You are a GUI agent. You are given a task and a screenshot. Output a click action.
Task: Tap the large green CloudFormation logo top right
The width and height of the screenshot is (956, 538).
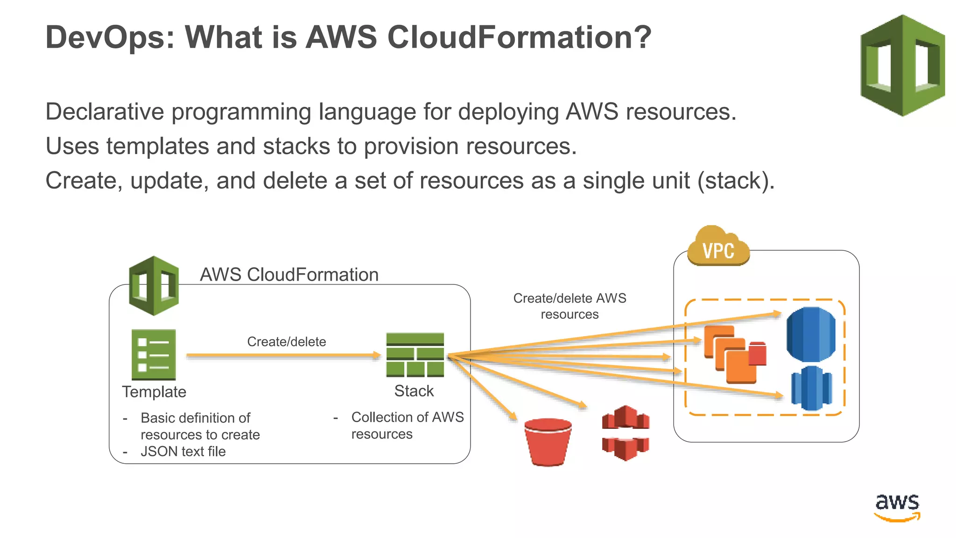click(902, 65)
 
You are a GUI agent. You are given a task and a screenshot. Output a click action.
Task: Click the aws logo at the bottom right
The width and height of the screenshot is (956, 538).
click(897, 507)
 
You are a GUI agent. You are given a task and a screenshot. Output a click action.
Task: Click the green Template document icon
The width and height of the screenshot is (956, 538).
click(154, 354)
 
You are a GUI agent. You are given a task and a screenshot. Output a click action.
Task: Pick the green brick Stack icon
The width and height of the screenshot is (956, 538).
click(415, 355)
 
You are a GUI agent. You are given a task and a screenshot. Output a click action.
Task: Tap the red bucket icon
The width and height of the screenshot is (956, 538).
click(548, 441)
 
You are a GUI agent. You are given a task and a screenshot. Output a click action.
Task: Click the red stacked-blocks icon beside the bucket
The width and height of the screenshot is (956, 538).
click(626, 433)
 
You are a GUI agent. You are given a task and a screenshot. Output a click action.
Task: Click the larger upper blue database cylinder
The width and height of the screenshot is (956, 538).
click(811, 334)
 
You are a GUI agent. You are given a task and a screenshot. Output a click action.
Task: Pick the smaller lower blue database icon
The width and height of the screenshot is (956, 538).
click(811, 388)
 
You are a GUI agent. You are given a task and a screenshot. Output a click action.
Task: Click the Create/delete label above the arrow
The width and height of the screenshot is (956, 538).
click(286, 342)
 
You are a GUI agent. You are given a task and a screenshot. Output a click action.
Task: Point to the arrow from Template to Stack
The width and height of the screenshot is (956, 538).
click(283, 356)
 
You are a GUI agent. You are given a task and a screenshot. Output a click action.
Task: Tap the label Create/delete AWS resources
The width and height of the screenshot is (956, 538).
click(569, 306)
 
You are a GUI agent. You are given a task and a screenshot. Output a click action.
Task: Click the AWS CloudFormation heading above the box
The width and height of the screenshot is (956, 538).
click(289, 275)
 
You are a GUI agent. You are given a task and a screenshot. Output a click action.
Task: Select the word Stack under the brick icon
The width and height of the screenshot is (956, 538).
click(414, 391)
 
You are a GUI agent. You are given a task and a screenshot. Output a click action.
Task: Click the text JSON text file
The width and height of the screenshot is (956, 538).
click(183, 452)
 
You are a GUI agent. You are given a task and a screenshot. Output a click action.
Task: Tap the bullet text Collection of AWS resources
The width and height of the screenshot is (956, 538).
click(407, 425)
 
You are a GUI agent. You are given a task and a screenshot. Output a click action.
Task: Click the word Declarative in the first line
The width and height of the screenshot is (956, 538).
click(105, 112)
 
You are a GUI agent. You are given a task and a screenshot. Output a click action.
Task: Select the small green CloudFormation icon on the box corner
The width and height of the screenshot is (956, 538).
click(154, 285)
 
